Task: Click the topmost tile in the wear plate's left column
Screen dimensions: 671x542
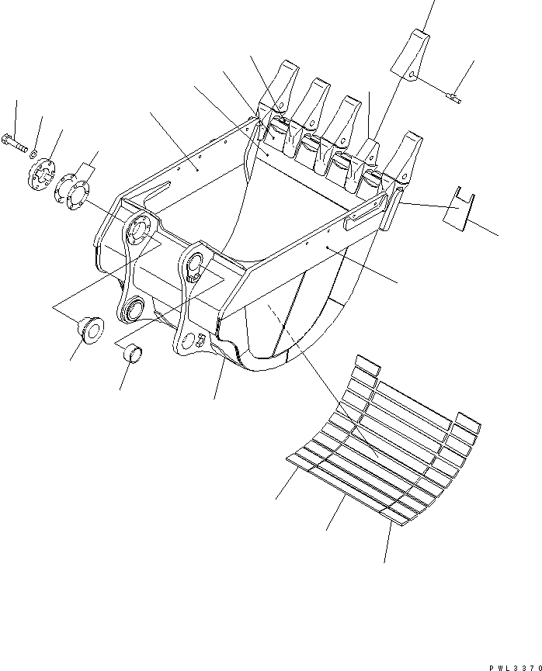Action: (366, 365)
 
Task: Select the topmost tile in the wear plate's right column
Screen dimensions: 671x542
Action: (467, 423)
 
